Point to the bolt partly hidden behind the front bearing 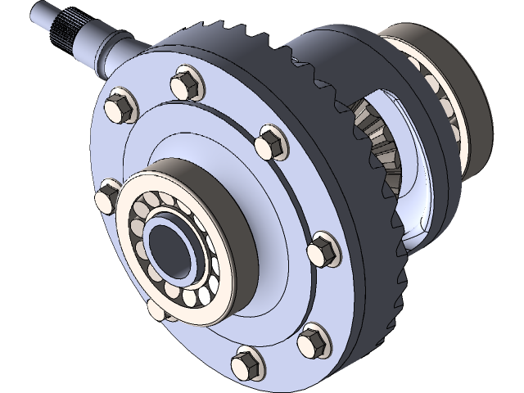155,310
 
